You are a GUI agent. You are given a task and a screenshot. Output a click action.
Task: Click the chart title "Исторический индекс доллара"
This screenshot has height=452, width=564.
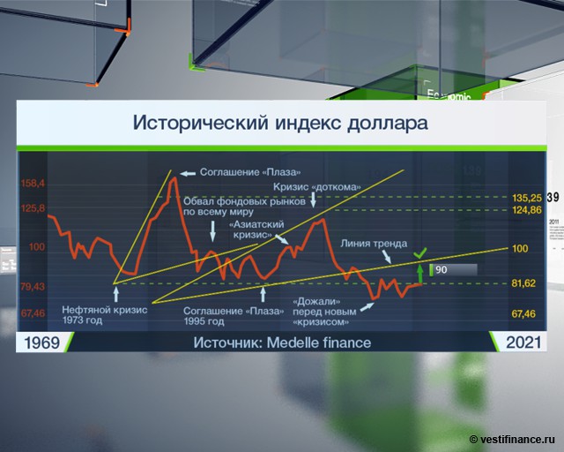280,123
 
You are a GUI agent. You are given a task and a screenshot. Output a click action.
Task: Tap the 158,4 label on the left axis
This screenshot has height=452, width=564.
33,184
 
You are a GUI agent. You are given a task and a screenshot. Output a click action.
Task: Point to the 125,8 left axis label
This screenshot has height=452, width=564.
33,208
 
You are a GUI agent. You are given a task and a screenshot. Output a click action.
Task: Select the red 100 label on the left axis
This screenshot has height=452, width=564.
37,247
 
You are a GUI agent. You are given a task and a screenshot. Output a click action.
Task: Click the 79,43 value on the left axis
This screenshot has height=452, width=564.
33,287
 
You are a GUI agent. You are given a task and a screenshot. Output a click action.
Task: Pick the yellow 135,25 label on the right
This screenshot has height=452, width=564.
527,198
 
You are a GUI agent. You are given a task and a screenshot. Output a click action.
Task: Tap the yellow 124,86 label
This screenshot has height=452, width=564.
527,210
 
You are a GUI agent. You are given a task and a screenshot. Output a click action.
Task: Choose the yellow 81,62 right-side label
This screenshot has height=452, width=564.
523,283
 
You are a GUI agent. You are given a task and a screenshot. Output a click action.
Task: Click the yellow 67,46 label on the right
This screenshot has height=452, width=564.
523,314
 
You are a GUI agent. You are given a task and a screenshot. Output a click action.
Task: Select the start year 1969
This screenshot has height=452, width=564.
41,343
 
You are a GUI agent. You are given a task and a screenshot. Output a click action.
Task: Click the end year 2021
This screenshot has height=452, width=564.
523,343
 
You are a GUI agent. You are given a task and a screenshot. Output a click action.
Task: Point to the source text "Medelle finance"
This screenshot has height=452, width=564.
319,343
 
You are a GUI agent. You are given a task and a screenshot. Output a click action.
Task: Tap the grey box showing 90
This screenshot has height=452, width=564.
454,269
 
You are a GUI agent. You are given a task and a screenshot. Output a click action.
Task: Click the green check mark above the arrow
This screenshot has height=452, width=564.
419,253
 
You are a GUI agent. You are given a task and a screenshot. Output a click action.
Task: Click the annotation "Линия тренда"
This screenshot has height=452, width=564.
374,244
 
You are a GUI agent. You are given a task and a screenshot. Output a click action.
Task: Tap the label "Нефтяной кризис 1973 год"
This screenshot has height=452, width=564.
105,315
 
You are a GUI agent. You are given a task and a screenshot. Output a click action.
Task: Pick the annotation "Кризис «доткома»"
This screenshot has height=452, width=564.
317,187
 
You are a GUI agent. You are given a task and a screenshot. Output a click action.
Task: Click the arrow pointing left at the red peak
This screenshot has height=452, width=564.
188,174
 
